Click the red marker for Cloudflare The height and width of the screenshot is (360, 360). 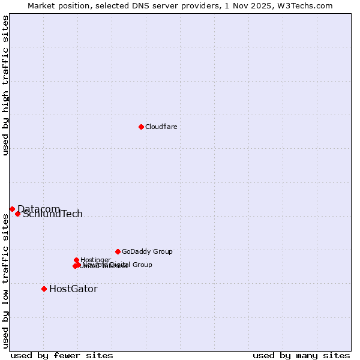(141, 127)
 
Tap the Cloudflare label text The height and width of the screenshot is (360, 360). (161, 127)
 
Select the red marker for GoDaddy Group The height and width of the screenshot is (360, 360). (118, 251)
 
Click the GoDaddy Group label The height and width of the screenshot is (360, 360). (147, 251)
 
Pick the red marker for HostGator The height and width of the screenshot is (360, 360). (44, 289)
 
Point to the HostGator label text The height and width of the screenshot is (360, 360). (73, 289)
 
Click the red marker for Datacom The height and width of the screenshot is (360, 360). (12, 209)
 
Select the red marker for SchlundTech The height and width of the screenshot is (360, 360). (17, 214)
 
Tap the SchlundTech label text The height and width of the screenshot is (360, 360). (53, 214)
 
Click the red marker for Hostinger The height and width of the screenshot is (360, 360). (76, 260)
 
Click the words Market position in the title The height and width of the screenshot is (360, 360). (56, 5)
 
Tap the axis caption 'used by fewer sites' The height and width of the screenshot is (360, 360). (62, 355)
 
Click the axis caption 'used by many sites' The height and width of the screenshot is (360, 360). (301, 355)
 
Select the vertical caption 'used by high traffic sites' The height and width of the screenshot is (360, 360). (5, 85)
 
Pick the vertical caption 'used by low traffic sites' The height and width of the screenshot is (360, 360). (5, 281)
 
